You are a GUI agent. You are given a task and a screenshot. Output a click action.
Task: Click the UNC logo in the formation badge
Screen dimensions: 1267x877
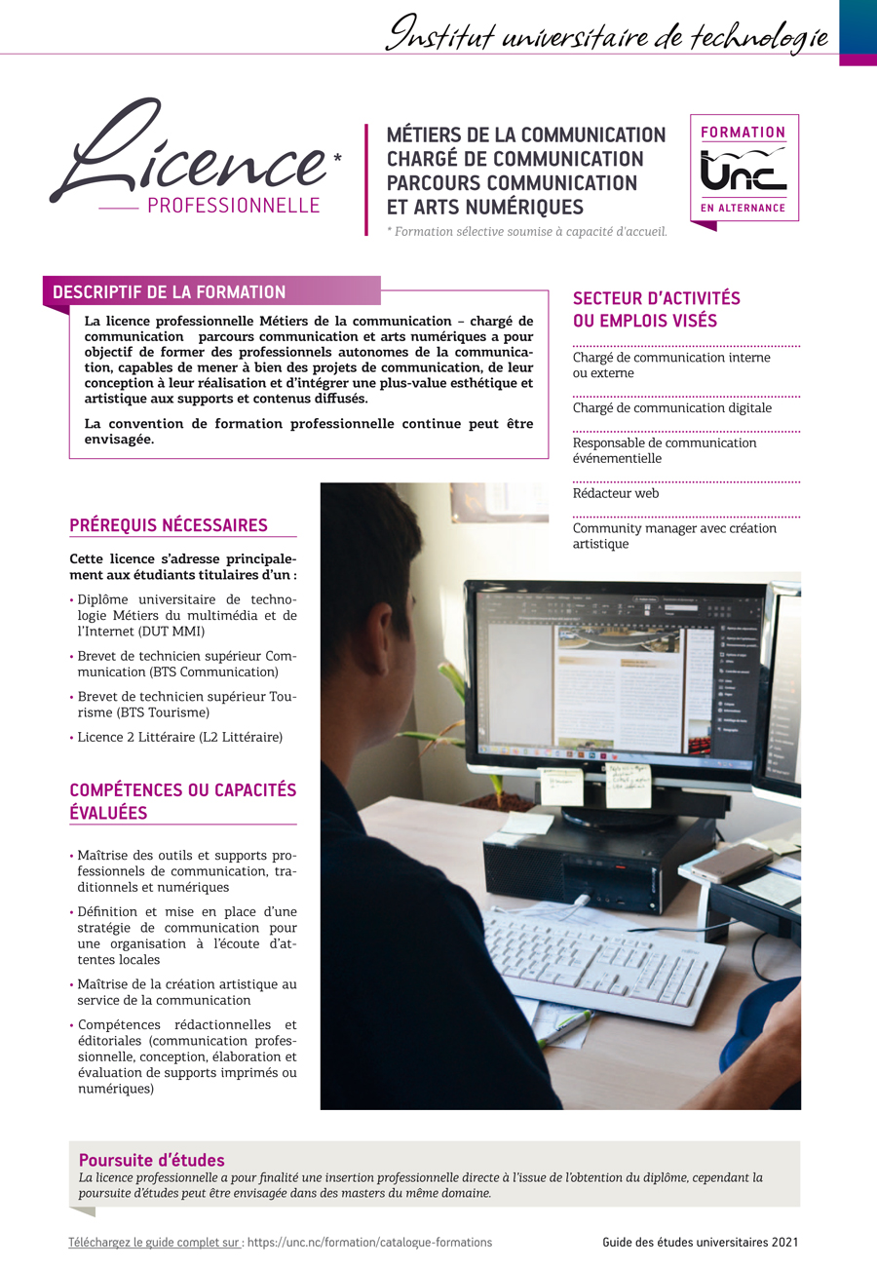pyautogui.click(x=744, y=172)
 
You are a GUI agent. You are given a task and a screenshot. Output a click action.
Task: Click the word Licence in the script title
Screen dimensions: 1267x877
pyautogui.click(x=190, y=156)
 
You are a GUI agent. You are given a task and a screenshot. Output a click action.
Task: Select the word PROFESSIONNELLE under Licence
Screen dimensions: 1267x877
pyautogui.click(x=233, y=206)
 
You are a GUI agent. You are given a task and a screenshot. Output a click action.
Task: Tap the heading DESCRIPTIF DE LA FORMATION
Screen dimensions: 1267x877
pyautogui.click(x=170, y=292)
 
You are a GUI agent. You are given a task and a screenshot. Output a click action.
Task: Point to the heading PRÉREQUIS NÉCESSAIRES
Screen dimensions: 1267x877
pyautogui.click(x=169, y=526)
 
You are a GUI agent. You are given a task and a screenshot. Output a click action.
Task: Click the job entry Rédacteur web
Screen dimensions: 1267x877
pyautogui.click(x=616, y=494)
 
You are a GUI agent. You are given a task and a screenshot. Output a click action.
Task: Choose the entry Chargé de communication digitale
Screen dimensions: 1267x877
pyautogui.click(x=672, y=408)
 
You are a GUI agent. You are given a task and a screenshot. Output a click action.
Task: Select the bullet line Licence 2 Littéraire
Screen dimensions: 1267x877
pyautogui.click(x=180, y=738)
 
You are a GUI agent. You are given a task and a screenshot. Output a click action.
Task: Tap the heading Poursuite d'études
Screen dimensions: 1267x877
pyautogui.click(x=152, y=1160)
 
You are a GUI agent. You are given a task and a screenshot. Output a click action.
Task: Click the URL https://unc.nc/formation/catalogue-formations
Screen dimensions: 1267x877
pyautogui.click(x=369, y=1243)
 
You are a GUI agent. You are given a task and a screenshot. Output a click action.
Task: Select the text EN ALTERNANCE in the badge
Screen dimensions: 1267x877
pyautogui.click(x=744, y=209)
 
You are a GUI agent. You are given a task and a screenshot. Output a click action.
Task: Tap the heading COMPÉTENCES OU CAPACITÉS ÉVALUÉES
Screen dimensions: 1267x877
pyautogui.click(x=182, y=801)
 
